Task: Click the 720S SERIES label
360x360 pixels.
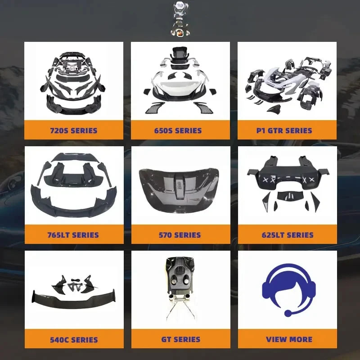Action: (74, 130)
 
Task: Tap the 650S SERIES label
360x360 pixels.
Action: (178, 130)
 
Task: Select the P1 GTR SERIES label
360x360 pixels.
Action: (284, 130)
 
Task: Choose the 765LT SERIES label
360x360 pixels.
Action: (73, 235)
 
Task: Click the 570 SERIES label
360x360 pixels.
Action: (180, 235)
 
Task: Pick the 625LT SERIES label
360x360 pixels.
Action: (288, 235)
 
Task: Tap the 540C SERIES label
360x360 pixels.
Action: (74, 340)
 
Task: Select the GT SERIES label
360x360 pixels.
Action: (181, 339)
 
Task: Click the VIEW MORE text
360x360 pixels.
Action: (289, 339)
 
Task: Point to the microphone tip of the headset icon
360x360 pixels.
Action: (288, 313)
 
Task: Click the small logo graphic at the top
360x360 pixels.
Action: (180, 18)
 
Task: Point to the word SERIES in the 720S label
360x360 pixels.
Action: (84, 130)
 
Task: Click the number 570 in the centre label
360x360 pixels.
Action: (165, 235)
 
